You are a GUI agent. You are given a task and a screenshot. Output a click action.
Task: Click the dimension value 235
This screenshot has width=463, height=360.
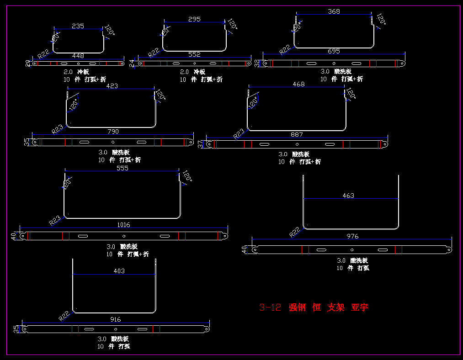(x=78, y=26)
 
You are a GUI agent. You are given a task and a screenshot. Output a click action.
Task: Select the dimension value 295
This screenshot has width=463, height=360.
(x=194, y=19)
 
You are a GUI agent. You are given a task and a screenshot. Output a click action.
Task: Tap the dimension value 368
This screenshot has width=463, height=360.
(x=334, y=11)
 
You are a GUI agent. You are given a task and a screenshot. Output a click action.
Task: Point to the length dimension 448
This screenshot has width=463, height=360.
(x=78, y=56)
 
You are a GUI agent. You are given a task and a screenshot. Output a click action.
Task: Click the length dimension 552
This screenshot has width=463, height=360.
(x=194, y=54)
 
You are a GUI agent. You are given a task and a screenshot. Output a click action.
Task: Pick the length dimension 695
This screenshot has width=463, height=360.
(x=334, y=52)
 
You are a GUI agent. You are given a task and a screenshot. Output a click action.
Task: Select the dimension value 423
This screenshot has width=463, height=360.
(x=112, y=86)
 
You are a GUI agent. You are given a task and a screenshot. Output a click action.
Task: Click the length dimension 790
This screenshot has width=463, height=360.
(x=113, y=132)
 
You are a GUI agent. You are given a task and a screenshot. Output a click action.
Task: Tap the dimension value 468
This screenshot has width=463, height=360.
(x=298, y=84)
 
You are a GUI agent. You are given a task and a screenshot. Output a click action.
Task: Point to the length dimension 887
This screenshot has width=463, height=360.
(x=297, y=135)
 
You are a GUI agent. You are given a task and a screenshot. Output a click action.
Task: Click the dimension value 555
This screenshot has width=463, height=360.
(x=122, y=168)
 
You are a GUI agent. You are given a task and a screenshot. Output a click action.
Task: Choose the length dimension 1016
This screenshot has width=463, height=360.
(x=123, y=225)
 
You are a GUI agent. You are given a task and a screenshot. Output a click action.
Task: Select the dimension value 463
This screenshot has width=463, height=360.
(x=348, y=196)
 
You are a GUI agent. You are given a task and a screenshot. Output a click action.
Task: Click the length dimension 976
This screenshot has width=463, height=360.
(x=352, y=236)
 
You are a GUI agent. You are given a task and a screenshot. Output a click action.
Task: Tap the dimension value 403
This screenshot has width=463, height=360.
(x=119, y=271)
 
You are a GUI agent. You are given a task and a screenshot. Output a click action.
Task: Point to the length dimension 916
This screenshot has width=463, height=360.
(x=116, y=319)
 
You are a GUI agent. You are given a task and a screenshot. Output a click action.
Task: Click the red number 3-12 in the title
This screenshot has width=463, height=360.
(x=270, y=307)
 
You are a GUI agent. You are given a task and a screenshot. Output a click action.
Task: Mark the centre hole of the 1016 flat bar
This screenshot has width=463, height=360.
(x=124, y=236)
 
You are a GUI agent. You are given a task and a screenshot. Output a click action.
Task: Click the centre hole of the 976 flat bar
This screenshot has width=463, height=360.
(x=352, y=249)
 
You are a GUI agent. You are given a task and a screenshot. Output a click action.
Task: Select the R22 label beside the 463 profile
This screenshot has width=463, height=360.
(x=295, y=232)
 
